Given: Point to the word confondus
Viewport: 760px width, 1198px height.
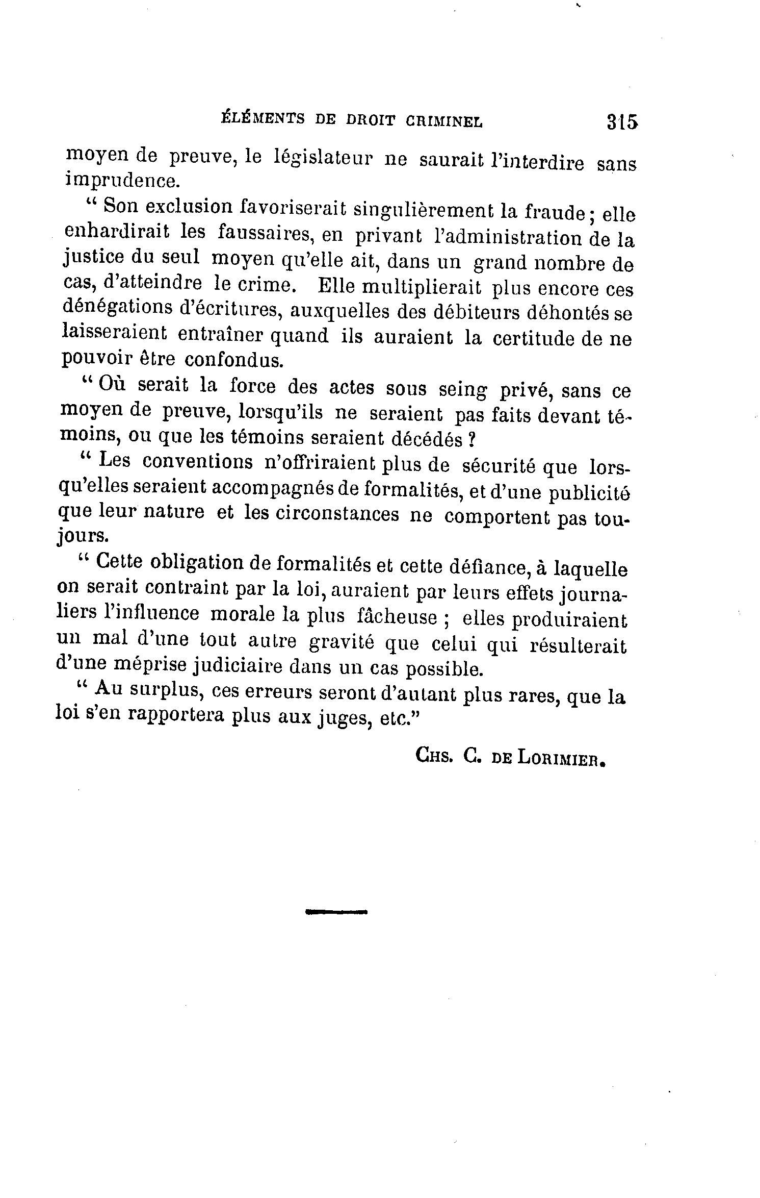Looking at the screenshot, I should point(233,360).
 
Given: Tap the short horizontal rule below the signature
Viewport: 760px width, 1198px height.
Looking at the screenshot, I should point(336,910).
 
